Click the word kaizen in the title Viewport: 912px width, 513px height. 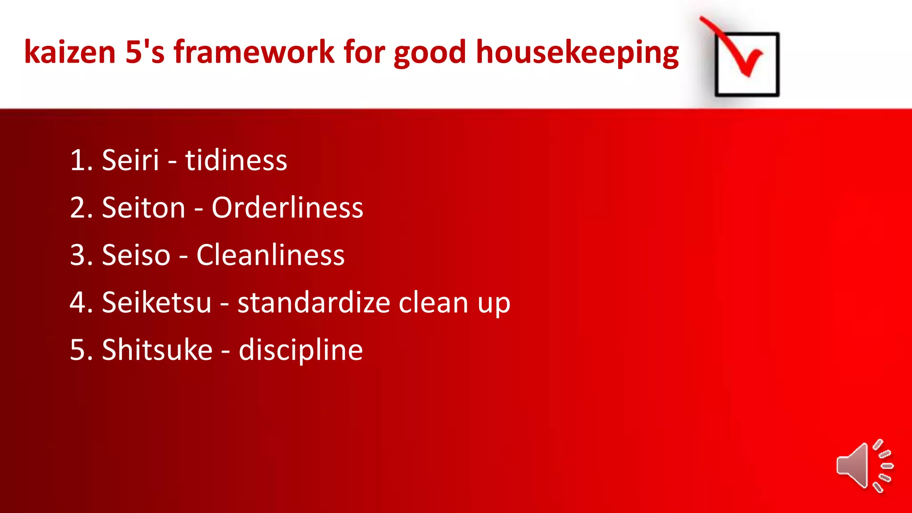point(70,52)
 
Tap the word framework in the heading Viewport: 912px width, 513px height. point(254,52)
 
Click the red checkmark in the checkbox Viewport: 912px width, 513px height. point(739,51)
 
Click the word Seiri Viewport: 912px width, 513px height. point(130,160)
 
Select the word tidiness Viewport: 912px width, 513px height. point(236,160)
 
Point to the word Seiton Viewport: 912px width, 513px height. point(143,208)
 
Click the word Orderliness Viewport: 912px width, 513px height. point(287,208)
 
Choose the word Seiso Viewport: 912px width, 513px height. point(136,255)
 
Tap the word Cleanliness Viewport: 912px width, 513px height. point(270,255)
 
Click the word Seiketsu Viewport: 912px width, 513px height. point(156,302)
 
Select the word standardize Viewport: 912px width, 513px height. point(314,302)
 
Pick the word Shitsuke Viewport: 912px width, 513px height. point(157,350)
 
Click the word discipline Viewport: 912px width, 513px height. point(301,350)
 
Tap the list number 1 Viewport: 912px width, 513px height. point(77,160)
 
